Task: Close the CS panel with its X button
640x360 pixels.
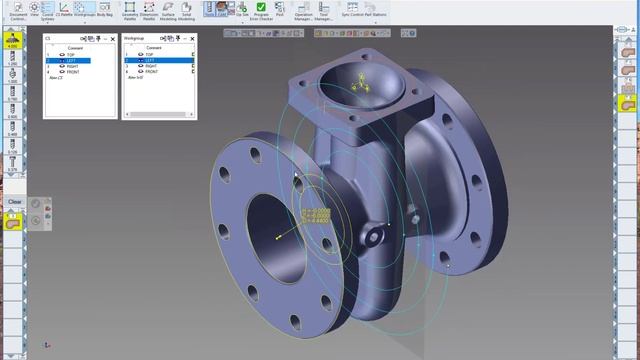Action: click(x=113, y=38)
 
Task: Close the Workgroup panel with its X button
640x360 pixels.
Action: click(x=191, y=38)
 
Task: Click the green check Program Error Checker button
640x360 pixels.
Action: click(x=261, y=9)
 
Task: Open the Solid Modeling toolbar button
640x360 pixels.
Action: click(x=186, y=10)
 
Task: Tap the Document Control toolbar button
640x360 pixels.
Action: click(x=13, y=10)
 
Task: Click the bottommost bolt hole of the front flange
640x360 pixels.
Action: click(x=296, y=322)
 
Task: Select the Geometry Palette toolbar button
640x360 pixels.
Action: click(x=130, y=10)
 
